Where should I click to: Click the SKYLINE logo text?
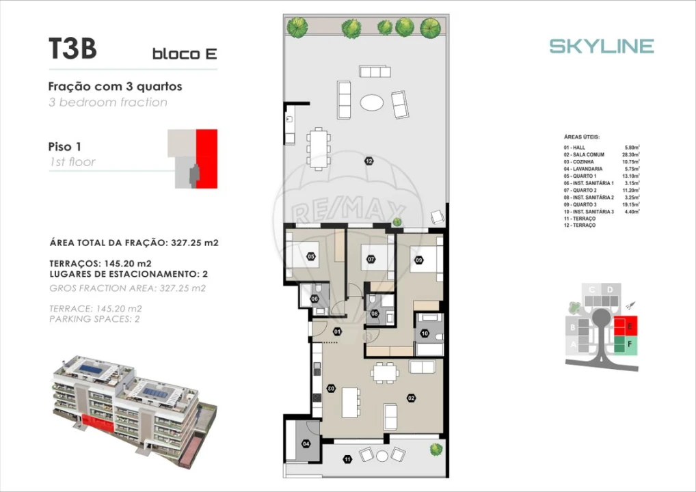[602, 46]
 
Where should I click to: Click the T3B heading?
[72, 49]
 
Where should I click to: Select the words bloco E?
[184, 54]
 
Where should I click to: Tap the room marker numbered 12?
[369, 162]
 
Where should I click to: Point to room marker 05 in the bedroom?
[311, 257]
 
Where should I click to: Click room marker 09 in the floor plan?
[418, 259]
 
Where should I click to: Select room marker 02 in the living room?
[411, 398]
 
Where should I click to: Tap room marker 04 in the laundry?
[305, 443]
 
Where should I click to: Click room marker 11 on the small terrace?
[348, 459]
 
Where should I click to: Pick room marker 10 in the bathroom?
[425, 333]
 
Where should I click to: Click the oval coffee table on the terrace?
[372, 103]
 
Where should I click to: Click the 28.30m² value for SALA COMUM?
[630, 155]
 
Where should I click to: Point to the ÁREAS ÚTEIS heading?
[581, 137]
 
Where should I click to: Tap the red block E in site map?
[624, 325]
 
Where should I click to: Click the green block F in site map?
[625, 345]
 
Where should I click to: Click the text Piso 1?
[65, 146]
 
